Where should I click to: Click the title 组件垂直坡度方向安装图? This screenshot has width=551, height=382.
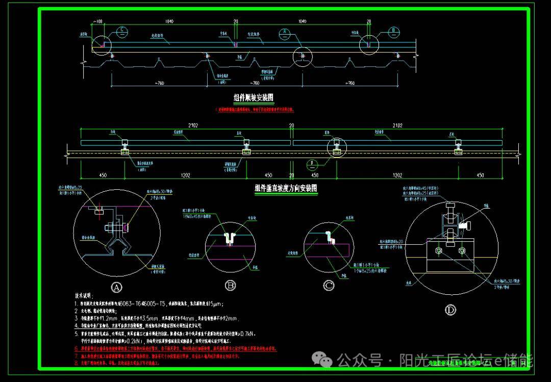(x=286, y=188)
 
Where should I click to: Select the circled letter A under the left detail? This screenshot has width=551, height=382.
(x=117, y=288)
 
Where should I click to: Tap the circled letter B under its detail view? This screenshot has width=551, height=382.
(x=231, y=286)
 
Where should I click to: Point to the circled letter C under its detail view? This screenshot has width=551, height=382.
(x=329, y=286)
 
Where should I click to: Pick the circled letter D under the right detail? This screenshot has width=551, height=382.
(x=450, y=310)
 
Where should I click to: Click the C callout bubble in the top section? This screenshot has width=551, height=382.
(x=122, y=31)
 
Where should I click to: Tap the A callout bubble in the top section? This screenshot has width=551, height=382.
(x=284, y=34)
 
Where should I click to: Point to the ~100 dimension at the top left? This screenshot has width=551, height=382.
(x=97, y=21)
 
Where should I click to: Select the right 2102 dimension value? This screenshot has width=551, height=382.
(x=397, y=125)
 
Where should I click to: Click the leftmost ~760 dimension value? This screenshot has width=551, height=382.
(x=159, y=83)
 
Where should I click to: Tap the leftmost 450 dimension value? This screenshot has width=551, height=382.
(x=103, y=175)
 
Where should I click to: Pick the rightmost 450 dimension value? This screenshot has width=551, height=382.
(x=480, y=175)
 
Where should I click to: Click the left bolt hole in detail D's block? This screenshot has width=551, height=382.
(x=438, y=250)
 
